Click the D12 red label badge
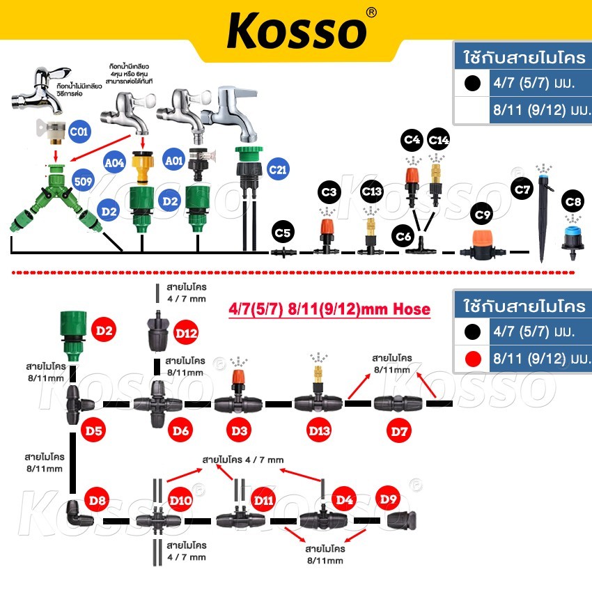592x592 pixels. (x=187, y=334)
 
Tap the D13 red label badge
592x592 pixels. (x=320, y=431)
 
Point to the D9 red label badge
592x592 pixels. (x=388, y=499)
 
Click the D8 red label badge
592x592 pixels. (x=98, y=499)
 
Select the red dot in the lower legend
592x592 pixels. (x=473, y=359)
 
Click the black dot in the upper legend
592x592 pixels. (x=473, y=83)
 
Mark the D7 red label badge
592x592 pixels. (x=399, y=431)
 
